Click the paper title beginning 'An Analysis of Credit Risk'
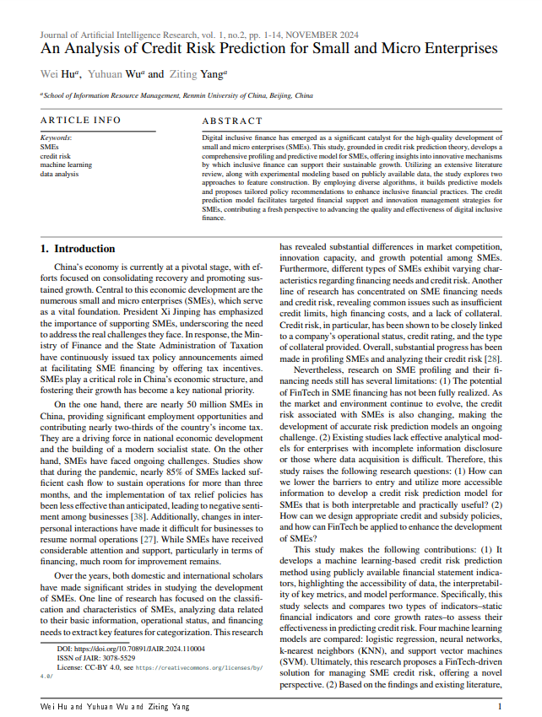tap(268, 49)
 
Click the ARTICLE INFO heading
tap(80, 121)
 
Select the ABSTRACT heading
tap(232, 121)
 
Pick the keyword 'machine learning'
tap(68, 164)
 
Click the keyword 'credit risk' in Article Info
tap(56, 156)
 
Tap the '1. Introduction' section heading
tap(78, 249)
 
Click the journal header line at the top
tap(199, 35)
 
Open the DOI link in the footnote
tap(135, 650)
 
